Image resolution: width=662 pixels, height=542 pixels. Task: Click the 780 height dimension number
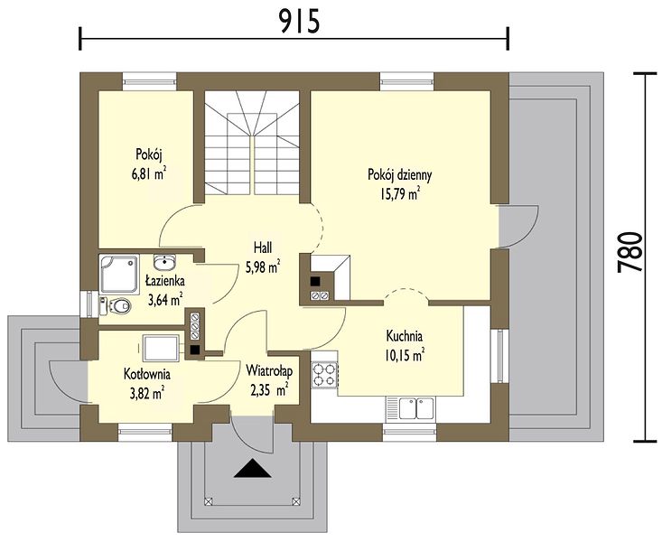[x=629, y=253]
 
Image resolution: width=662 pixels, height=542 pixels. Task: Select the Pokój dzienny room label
[x=400, y=174]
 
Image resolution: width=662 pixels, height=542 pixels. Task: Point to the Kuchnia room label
[x=404, y=336]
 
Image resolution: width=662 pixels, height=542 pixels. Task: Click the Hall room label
[x=263, y=248]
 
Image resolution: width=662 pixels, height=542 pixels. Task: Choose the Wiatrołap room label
[x=269, y=371]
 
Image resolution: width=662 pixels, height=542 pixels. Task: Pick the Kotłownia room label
[x=147, y=374]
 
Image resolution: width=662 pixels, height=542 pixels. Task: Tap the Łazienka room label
[x=164, y=280]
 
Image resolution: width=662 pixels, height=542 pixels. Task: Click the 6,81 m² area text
[x=149, y=173]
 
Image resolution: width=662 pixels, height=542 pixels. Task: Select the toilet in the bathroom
[x=116, y=305]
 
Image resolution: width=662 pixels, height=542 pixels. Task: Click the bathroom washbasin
[x=164, y=262]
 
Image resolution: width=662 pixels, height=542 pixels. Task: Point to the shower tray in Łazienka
[x=119, y=274]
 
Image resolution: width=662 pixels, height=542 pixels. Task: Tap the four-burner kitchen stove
[x=324, y=375]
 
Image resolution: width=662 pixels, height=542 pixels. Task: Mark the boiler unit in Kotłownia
[x=161, y=348]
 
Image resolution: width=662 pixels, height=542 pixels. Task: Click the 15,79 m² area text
[x=400, y=194]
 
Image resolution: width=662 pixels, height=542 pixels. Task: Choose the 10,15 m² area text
[x=404, y=355]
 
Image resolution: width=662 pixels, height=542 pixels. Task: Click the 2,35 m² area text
[x=269, y=390]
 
